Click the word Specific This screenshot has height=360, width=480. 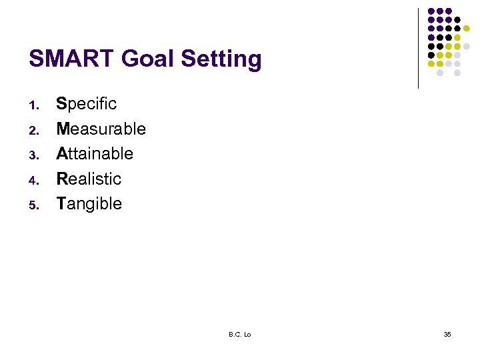coord(87,104)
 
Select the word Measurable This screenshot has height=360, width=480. coord(101,129)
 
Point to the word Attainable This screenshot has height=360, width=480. coord(95,154)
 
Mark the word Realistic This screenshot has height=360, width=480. coord(89,179)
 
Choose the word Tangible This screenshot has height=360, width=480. coord(89,204)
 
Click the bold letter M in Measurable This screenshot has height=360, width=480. coord(63,129)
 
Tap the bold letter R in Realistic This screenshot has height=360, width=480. coord(62,179)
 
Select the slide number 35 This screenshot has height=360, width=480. coord(447,334)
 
